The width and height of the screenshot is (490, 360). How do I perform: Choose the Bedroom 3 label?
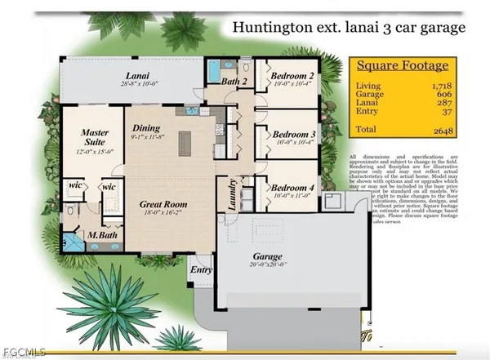coord(294,134)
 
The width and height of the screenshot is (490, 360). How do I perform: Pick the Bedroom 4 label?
coord(293,186)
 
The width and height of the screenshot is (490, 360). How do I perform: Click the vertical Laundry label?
coord(231,195)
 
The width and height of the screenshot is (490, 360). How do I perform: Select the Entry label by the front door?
coord(200,269)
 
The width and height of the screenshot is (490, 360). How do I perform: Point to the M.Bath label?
coord(103,237)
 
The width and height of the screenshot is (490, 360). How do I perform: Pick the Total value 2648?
coord(443,131)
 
